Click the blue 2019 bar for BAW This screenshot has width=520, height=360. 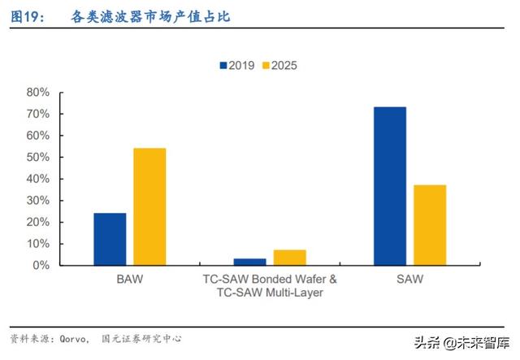(x=110, y=239)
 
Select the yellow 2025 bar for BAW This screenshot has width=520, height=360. (x=149, y=206)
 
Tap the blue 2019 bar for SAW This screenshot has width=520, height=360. (x=390, y=186)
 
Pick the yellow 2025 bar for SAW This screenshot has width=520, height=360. (x=430, y=225)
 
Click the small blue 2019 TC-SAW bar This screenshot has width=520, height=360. (x=249, y=262)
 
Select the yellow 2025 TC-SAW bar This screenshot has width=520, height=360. (x=289, y=258)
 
